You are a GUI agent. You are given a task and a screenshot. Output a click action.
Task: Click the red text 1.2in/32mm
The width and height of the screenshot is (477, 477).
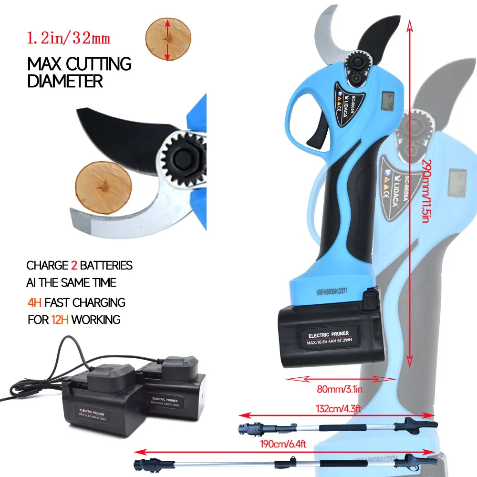69,39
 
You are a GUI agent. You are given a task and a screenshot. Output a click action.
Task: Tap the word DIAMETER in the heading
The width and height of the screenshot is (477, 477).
65,81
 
